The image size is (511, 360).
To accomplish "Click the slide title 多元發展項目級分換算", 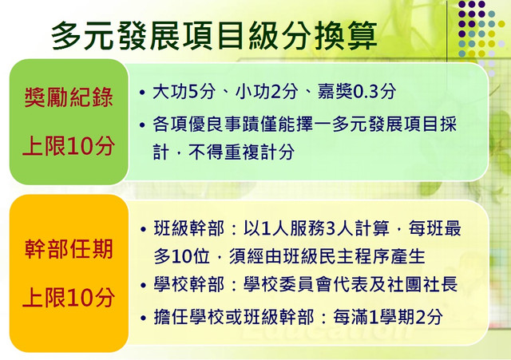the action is coord(214,35).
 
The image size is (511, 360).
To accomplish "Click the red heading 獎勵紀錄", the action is coord(69,97).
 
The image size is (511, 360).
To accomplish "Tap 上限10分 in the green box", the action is coord(69,146).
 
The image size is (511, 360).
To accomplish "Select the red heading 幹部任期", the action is coord(69,249).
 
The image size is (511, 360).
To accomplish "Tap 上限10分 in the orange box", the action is coord(69,298).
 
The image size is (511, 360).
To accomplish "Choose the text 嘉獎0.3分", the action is coord(357,92).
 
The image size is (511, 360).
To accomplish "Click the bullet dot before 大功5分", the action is coord(142,93).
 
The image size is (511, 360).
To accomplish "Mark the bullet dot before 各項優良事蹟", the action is coord(142,125).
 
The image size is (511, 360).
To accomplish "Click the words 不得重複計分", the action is coord(241,152).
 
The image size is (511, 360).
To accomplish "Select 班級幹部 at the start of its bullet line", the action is coord(189,228).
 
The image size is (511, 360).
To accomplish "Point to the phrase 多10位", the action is coord(181,257).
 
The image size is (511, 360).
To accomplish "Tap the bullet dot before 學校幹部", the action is coord(143,286).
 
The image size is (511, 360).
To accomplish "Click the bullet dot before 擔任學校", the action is coord(143,318).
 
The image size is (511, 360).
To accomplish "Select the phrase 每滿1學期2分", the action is coord(388,317).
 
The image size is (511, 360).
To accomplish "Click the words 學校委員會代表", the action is coord(306,285).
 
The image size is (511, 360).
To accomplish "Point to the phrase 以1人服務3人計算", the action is coord(316,228).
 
